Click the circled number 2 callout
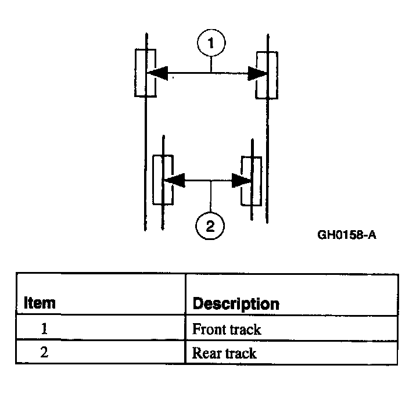click(x=210, y=225)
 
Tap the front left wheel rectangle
click(x=145, y=73)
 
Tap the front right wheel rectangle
click(x=267, y=74)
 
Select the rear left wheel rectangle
click(x=163, y=180)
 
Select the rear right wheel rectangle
click(x=251, y=181)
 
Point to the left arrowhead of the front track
click(x=156, y=73)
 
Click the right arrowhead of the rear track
click(x=241, y=181)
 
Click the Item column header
click(x=40, y=303)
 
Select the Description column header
click(x=235, y=303)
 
